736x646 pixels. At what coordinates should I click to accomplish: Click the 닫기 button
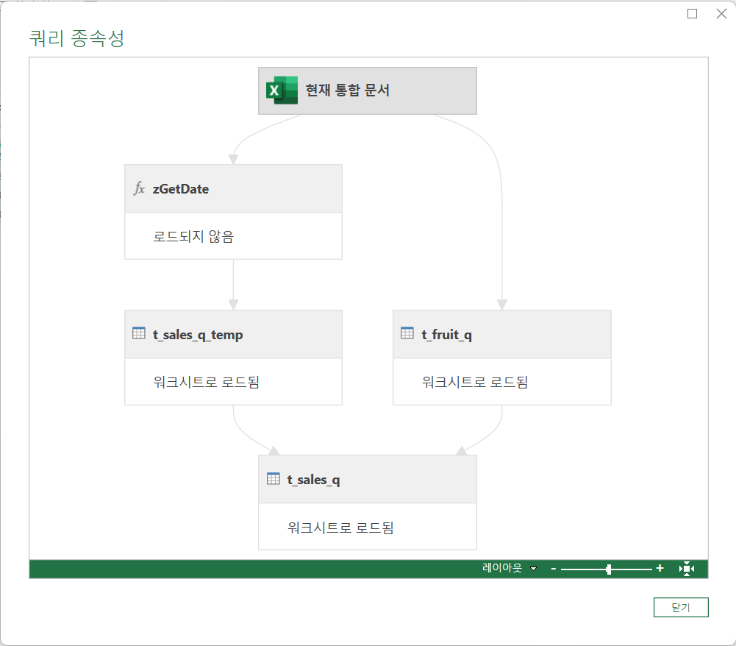coord(680,607)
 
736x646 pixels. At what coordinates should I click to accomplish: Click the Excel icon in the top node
coord(282,90)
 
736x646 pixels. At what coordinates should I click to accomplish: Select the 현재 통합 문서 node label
coord(348,90)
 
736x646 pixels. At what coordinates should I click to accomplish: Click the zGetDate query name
coord(181,189)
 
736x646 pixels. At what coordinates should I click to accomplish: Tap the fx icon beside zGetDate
coord(139,188)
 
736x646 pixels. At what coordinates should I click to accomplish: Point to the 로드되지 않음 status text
coord(193,237)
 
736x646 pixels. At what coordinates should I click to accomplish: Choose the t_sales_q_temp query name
coord(198,335)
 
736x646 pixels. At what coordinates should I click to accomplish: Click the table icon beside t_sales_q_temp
coord(139,333)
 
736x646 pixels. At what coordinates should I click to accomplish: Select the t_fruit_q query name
coord(446,335)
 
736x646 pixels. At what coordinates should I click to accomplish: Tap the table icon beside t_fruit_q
coord(407,333)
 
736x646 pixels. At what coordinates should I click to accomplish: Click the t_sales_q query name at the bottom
coord(313,480)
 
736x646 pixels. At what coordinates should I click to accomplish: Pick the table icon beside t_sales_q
coord(273,478)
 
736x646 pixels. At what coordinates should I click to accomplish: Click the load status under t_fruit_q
coord(475,382)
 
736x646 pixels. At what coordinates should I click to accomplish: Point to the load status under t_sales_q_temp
coord(207,382)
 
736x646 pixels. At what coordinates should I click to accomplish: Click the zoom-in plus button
coord(660,569)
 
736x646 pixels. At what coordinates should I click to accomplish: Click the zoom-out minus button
coord(554,569)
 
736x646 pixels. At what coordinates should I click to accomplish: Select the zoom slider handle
coord(609,569)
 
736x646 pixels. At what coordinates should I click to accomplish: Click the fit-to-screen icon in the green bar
coord(687,569)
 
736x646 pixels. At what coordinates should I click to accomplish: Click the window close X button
coord(721,13)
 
